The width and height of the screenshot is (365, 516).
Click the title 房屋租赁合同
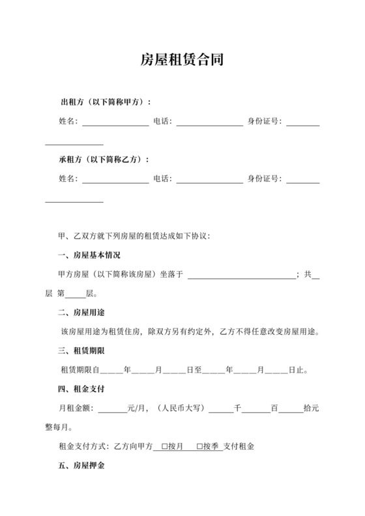[x=182, y=61]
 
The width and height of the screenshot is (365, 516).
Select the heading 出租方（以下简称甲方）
[x=105, y=102]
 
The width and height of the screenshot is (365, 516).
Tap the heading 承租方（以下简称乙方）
[x=104, y=159]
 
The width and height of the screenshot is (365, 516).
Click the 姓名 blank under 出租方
[x=115, y=122]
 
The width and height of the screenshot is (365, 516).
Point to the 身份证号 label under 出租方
[x=263, y=121]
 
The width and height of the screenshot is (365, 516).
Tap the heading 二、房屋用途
[x=80, y=312]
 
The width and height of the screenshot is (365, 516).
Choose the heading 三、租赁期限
[x=80, y=351]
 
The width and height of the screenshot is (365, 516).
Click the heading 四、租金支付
[x=80, y=389]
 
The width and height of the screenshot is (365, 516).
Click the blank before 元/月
[x=112, y=408]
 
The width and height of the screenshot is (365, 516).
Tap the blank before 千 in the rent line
[x=220, y=408]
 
